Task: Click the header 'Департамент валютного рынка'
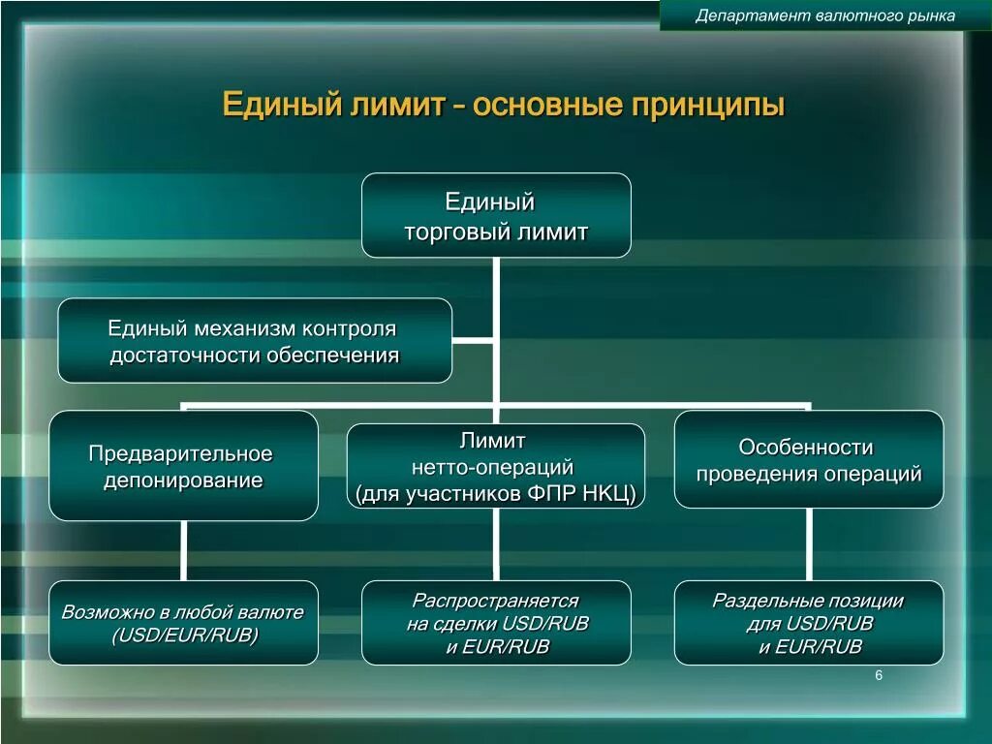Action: point(825,15)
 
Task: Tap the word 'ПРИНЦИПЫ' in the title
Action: point(708,105)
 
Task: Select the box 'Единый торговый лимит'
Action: point(496,215)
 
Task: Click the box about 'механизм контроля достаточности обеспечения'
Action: point(255,340)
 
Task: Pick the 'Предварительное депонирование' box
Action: point(183,466)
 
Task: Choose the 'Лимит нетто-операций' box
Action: point(495,466)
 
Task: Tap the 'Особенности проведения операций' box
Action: point(808,459)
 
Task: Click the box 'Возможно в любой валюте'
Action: point(183,622)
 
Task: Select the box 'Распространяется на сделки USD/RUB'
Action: point(496,622)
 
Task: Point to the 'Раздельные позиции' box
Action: point(808,622)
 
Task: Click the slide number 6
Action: point(879,675)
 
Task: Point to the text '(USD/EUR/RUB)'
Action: point(184,635)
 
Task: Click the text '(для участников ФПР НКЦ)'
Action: point(495,494)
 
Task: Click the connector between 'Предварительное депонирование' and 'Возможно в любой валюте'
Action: point(183,550)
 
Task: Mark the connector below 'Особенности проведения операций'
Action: point(808,543)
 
